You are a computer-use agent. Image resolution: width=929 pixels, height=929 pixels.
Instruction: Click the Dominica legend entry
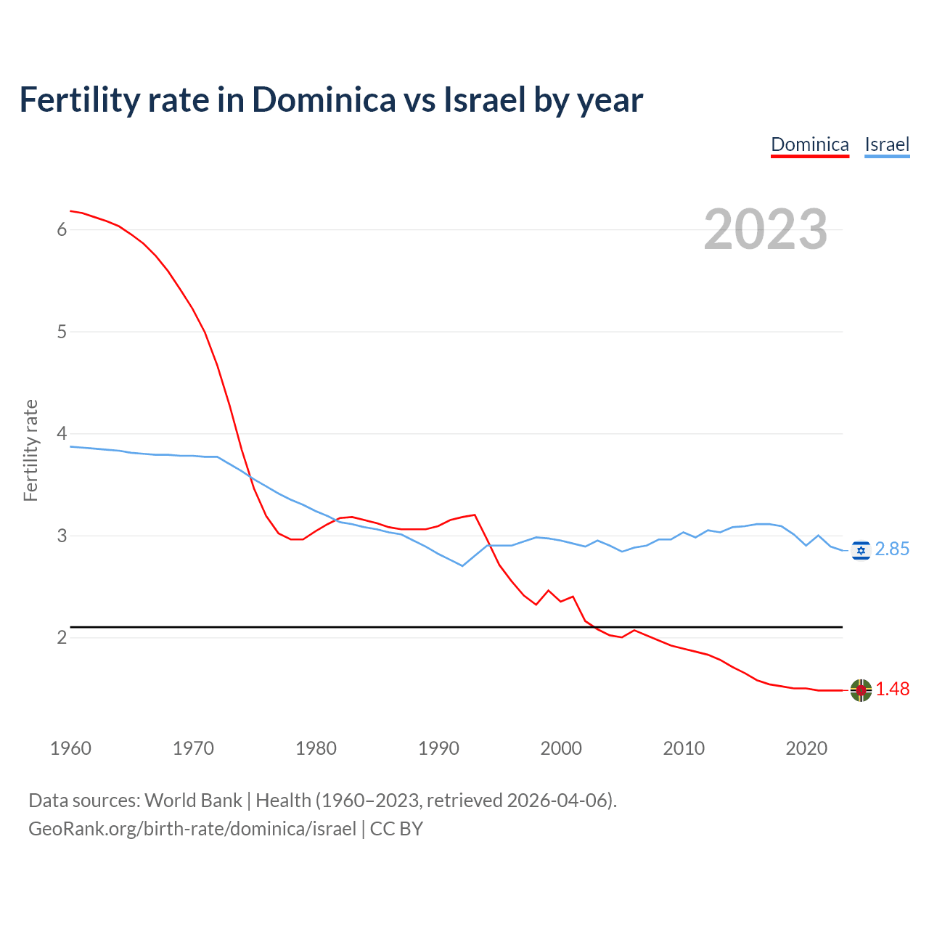click(x=809, y=144)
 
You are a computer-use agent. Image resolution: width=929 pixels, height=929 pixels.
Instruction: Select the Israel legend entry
click(x=887, y=144)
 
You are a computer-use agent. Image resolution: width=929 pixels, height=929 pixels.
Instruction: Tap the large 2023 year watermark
click(x=766, y=229)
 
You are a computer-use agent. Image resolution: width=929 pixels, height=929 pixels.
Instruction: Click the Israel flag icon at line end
click(x=861, y=550)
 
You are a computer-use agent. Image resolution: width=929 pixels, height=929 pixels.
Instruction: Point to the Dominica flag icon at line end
click(x=861, y=689)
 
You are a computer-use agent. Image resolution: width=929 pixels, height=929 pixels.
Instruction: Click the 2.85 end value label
click(x=892, y=549)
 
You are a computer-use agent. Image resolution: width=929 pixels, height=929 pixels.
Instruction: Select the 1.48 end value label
click(x=892, y=689)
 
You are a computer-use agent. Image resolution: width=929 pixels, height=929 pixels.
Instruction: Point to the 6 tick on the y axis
click(x=62, y=229)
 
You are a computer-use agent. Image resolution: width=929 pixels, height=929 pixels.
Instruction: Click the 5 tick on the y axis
click(x=62, y=332)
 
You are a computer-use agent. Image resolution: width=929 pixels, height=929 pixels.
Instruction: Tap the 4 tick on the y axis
click(x=62, y=433)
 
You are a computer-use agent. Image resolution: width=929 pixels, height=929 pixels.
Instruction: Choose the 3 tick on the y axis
click(x=62, y=536)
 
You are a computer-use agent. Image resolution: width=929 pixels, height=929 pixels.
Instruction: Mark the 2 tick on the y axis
click(x=62, y=637)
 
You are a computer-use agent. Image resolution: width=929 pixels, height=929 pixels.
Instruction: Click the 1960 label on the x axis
click(x=70, y=748)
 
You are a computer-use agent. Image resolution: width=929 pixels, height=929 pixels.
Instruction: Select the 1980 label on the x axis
click(x=316, y=748)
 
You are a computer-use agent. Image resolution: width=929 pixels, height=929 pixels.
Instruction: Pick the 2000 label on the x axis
click(x=561, y=748)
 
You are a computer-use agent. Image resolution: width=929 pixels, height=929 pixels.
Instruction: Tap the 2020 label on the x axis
click(x=806, y=748)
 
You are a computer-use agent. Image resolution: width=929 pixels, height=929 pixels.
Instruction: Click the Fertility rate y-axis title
click(x=30, y=450)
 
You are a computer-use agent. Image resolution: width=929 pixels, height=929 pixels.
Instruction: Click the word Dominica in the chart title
click(x=324, y=99)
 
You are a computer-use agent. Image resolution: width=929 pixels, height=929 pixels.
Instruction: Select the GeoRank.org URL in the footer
click(x=192, y=829)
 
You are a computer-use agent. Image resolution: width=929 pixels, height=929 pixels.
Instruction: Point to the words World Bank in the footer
click(x=193, y=801)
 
